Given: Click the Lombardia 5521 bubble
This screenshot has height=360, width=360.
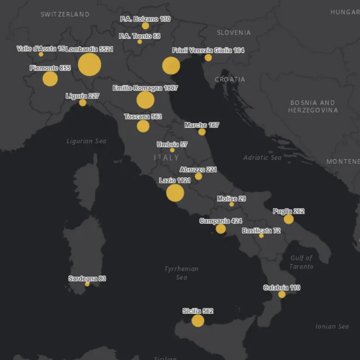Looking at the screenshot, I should click(90, 64).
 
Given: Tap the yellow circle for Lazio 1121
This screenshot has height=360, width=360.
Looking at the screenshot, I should click(175, 192).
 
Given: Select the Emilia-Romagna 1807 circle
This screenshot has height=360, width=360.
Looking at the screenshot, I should click(145, 100).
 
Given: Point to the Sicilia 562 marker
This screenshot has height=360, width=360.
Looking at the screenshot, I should click(198, 320).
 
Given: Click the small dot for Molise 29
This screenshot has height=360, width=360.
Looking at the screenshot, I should click(232, 204).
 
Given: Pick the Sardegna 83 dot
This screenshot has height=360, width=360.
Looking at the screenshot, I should click(87, 284).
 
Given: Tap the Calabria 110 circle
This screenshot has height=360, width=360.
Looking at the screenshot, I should click(282, 294).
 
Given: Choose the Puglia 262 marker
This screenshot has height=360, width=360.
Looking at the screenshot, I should click(288, 219).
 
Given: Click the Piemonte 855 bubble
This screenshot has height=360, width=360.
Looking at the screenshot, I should click(50, 78).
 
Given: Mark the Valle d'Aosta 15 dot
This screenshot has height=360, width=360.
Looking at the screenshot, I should click(41, 54).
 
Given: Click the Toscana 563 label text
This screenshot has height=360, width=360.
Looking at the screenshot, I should click(143, 117).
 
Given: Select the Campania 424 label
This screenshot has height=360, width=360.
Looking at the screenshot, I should click(221, 221).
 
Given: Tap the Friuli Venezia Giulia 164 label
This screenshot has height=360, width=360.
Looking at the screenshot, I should click(208, 50).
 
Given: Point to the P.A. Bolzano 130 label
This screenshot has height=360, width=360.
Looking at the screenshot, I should click(145, 19).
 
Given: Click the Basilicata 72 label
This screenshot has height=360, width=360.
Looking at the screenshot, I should click(261, 230).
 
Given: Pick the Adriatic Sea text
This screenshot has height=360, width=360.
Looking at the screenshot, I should click(263, 157).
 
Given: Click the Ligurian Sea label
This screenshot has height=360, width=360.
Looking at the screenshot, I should click(86, 141).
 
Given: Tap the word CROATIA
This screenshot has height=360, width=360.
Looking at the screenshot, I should click(230, 79).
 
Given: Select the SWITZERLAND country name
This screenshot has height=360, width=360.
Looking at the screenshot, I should click(65, 14).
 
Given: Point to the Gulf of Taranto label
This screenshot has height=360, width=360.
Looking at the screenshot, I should click(301, 262).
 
